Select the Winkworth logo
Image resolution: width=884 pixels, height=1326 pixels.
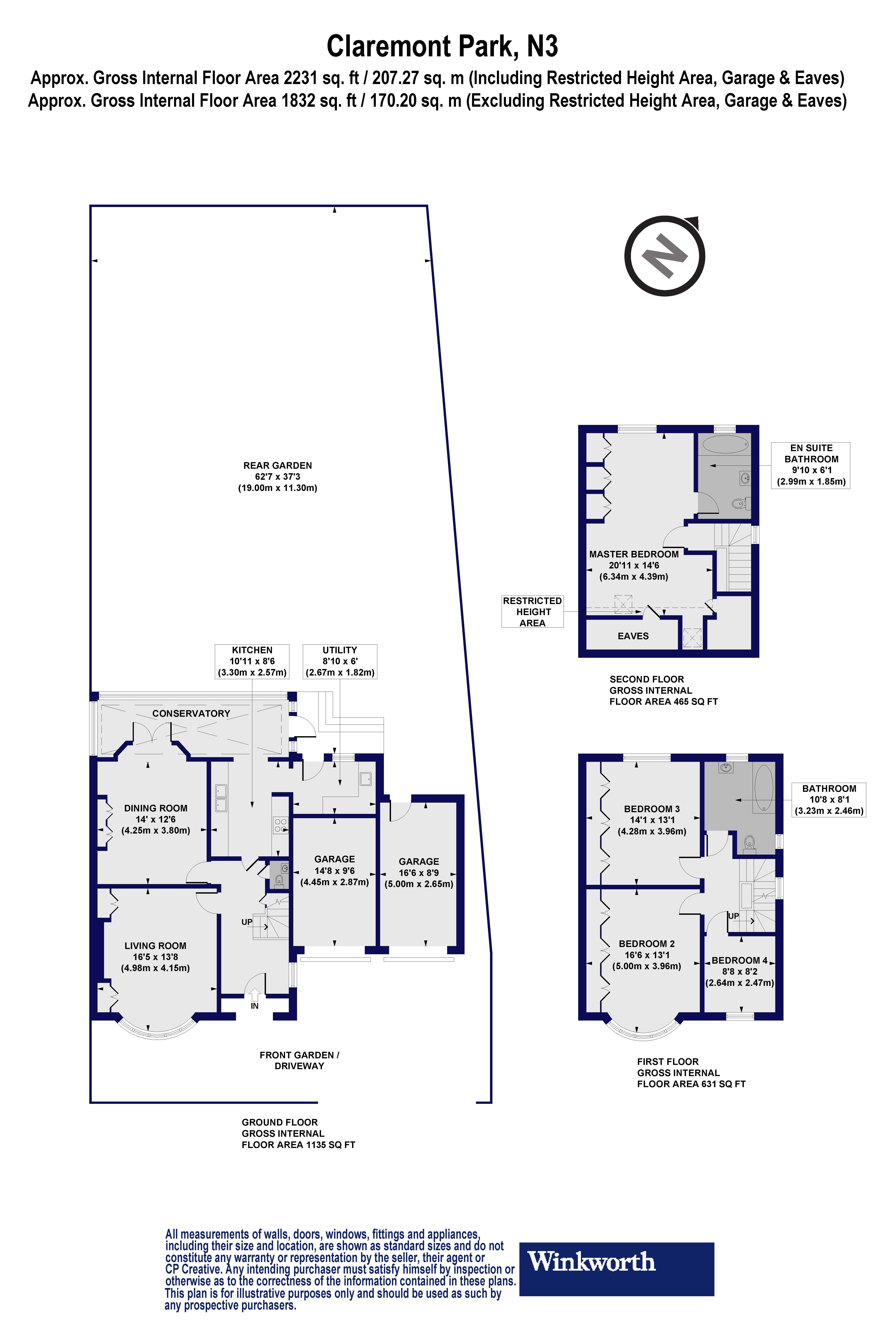pos(616,1262)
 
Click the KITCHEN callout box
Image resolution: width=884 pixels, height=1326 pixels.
pos(252,661)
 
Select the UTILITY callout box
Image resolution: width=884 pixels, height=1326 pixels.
pos(340,661)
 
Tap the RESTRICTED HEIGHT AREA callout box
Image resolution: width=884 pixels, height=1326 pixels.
pos(532,612)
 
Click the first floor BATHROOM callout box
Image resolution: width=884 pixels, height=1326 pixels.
pos(829,799)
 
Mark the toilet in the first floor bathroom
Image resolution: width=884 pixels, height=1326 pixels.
pos(749,843)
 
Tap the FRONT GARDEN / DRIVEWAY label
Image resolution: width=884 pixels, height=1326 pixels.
pos(299,1060)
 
